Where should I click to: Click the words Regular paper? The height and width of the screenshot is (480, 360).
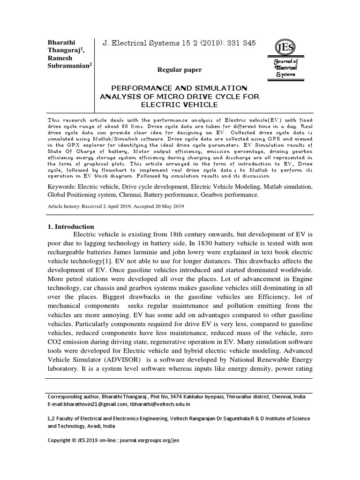(x=180, y=70)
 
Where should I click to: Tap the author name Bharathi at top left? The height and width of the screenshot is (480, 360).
(x=62, y=43)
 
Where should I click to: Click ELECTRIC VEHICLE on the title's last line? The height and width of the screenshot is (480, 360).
(x=180, y=105)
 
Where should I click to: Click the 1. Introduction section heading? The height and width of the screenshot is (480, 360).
(x=71, y=226)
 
